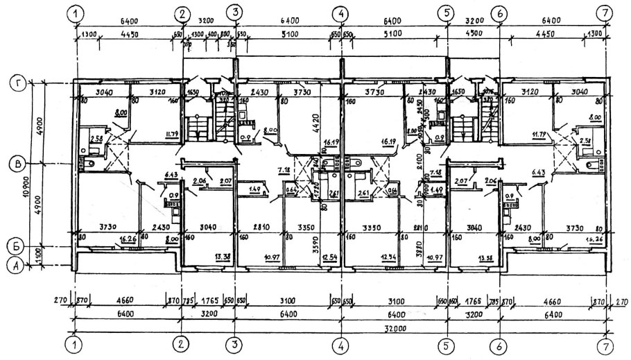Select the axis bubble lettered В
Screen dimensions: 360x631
click(x=15, y=164)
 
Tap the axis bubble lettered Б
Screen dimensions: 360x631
click(x=15, y=246)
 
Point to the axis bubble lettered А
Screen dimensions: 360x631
click(x=15, y=264)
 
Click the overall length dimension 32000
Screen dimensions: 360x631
click(x=339, y=327)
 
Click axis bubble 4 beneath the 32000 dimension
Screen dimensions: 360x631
click(x=340, y=345)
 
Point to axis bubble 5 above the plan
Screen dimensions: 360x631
click(x=447, y=12)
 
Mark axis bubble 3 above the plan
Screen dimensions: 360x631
click(x=236, y=12)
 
